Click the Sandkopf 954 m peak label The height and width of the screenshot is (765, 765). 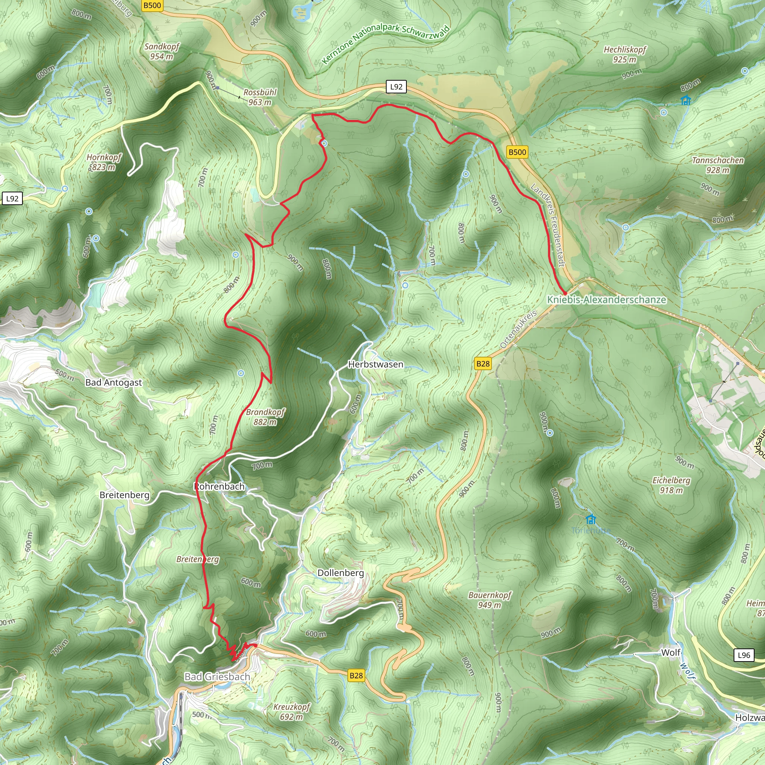coord(161,52)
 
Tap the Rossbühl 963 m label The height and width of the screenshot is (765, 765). coord(260,97)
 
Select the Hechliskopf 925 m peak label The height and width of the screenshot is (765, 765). coord(625,54)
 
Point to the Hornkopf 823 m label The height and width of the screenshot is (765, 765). coord(104,162)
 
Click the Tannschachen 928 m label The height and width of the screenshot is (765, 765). coord(718,165)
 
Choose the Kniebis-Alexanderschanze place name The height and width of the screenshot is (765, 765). coord(606,300)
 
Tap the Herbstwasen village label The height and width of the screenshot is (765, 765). coord(375,364)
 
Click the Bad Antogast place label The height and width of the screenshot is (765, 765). coord(114,382)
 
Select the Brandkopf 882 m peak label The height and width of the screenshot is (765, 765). coord(265,417)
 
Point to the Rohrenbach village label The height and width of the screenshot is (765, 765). coord(219,486)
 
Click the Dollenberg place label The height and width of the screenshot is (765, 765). coord(341,573)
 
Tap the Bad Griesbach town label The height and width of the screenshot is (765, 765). coord(217,677)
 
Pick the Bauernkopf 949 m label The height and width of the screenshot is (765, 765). coord(490,600)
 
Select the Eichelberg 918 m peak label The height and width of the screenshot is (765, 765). coord(671,485)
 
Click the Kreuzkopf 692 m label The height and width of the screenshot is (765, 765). coord(292,712)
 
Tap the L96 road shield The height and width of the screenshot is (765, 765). coord(744,655)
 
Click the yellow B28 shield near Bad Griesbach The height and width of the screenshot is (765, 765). coord(356,675)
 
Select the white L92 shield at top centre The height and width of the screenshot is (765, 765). coord(396,87)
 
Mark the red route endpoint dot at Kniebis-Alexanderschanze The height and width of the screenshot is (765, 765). coord(565,293)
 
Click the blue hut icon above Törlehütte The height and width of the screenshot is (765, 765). coord(591,519)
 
